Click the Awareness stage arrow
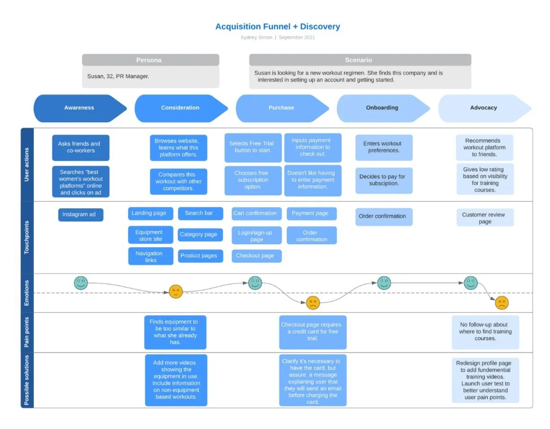79,108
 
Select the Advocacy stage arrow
484,108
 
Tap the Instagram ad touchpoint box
80,214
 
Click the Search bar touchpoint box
200,213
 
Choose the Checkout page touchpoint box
256,256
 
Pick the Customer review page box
485,218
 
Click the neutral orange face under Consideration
176,292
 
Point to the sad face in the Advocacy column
502,303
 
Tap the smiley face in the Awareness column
81,283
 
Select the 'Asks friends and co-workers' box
80,147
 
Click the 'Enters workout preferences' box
384,147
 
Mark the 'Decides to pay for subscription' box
384,180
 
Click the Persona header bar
150,60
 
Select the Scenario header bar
359,60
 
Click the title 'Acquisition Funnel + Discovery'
277,26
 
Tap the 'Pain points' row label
27,332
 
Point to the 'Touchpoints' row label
27,237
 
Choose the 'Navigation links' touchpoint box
150,257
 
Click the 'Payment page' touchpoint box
311,214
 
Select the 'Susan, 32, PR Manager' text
118,77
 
